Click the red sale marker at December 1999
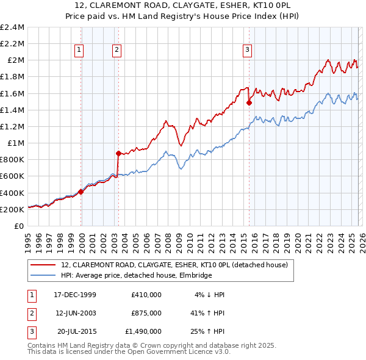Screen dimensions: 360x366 pyautogui.click(x=81, y=192)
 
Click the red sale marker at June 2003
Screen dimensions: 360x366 pyautogui.click(x=118, y=153)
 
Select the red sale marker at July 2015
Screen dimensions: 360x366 pyautogui.click(x=249, y=103)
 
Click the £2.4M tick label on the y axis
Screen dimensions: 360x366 pyautogui.click(x=12, y=27)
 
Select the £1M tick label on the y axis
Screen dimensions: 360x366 pyautogui.click(x=16, y=143)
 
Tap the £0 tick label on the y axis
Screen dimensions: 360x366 pyautogui.click(x=20, y=226)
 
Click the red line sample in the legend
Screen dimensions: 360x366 pyautogui.click(x=43, y=265)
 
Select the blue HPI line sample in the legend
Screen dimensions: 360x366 pyautogui.click(x=43, y=276)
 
